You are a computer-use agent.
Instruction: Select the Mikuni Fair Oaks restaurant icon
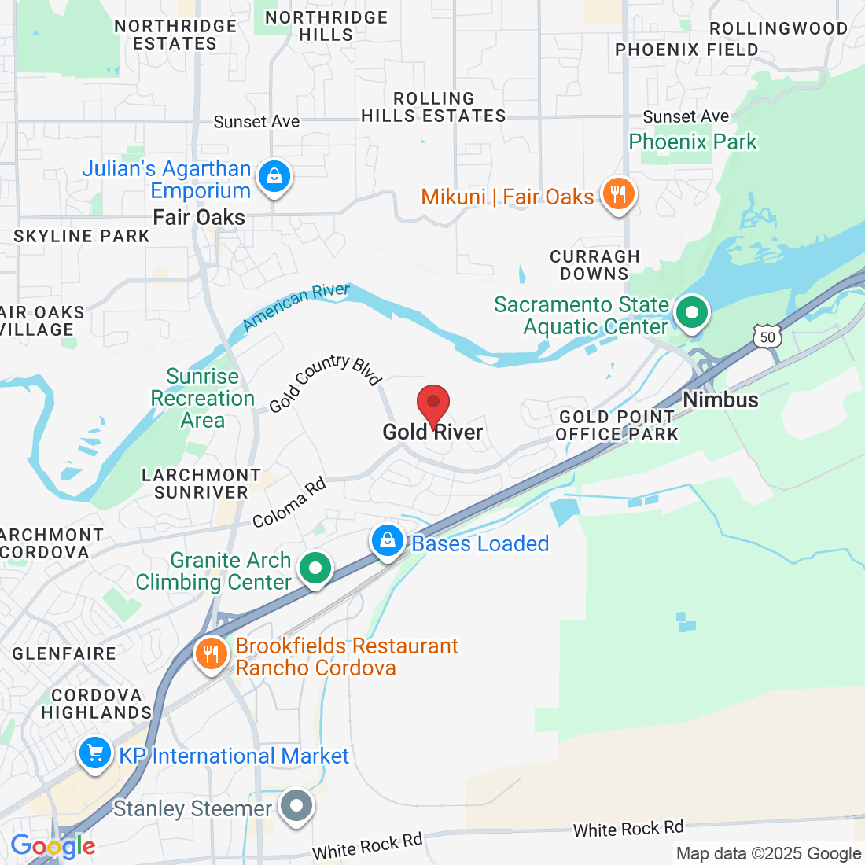click(x=618, y=193)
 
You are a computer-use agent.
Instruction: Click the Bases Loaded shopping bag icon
click(x=388, y=541)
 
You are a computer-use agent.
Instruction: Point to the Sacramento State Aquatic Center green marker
click(x=692, y=312)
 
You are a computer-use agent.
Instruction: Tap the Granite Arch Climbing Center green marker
click(x=315, y=568)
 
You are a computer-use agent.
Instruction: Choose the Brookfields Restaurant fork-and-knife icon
click(x=210, y=653)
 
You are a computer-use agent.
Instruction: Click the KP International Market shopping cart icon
click(x=95, y=754)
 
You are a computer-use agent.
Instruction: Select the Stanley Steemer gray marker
click(x=297, y=806)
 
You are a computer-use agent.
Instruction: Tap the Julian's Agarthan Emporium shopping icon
click(x=274, y=177)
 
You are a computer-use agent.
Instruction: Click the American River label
click(x=296, y=306)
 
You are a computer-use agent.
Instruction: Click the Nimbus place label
click(x=720, y=399)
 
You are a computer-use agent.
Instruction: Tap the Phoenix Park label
click(x=693, y=142)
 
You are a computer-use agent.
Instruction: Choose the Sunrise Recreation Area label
click(x=203, y=398)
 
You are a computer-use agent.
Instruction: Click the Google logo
click(x=53, y=846)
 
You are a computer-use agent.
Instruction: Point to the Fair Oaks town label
click(x=199, y=218)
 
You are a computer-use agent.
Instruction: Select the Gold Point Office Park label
click(x=617, y=425)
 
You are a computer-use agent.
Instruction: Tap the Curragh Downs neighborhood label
click(x=594, y=265)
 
